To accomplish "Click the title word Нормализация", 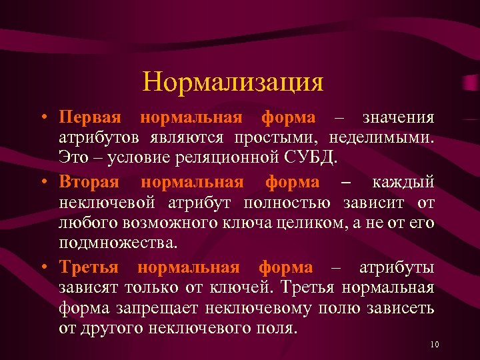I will coord(233,82).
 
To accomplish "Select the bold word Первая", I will coord(90,118).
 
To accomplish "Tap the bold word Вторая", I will coord(91,182).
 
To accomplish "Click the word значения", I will coord(398,118).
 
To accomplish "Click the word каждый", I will coord(403,182).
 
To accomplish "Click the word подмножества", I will coord(117,245).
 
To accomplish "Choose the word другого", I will coord(107,330).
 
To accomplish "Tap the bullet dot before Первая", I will coord(43,119).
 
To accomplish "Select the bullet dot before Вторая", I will coord(43,183).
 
